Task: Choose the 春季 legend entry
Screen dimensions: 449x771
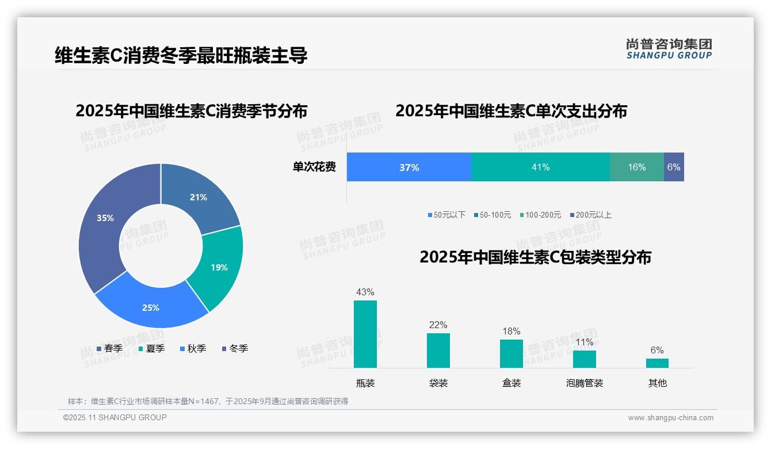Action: [109, 349]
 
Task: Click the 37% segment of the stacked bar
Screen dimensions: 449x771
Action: [409, 168]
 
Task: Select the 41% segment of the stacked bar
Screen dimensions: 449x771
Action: [540, 168]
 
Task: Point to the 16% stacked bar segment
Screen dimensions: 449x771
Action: [636, 168]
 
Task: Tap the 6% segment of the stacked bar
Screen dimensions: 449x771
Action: [674, 168]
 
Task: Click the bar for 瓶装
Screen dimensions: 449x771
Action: [365, 334]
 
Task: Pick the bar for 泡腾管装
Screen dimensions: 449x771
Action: [584, 359]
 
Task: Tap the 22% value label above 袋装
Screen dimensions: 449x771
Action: [438, 325]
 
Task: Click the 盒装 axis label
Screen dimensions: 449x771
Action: [511, 383]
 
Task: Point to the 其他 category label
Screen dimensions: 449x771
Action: [657, 383]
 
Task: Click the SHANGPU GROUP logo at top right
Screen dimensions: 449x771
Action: [669, 49]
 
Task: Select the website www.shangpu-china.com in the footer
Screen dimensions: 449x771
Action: [670, 418]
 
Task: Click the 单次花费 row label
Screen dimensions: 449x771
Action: [314, 168]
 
